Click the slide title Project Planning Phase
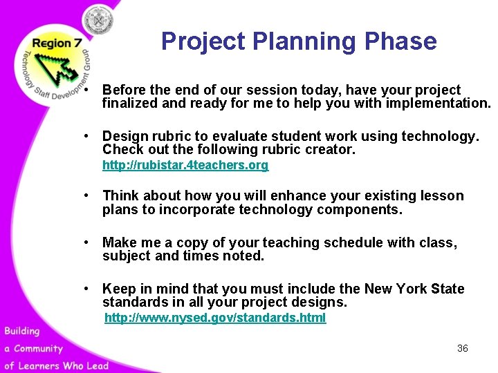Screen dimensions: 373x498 pos(299,41)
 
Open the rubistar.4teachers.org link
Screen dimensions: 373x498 pos(185,166)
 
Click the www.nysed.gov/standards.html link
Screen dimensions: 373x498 pos(214,318)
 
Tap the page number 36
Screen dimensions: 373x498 pos(463,348)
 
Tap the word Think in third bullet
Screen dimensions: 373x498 pos(121,195)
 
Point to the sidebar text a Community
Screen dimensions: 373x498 pos(33,348)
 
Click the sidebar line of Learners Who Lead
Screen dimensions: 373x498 pos(55,365)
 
